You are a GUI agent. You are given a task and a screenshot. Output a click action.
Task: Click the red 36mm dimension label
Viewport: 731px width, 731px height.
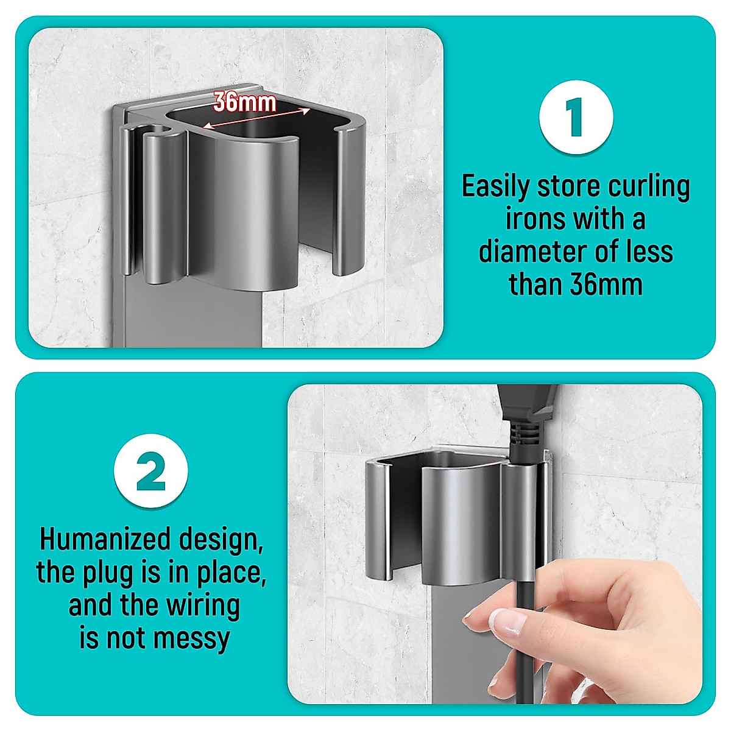(x=245, y=102)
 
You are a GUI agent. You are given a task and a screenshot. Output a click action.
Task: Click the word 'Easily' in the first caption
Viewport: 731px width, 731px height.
(x=495, y=186)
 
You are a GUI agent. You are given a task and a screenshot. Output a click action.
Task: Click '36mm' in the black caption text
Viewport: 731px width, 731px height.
(x=608, y=284)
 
